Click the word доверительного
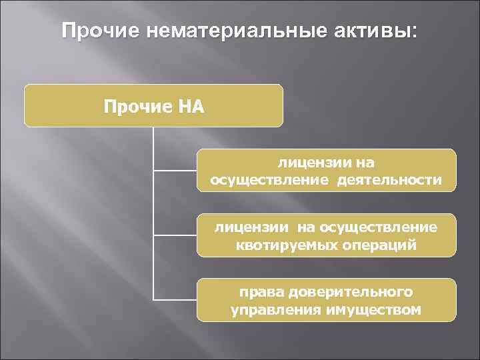pyautogui.click(x=351, y=293)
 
